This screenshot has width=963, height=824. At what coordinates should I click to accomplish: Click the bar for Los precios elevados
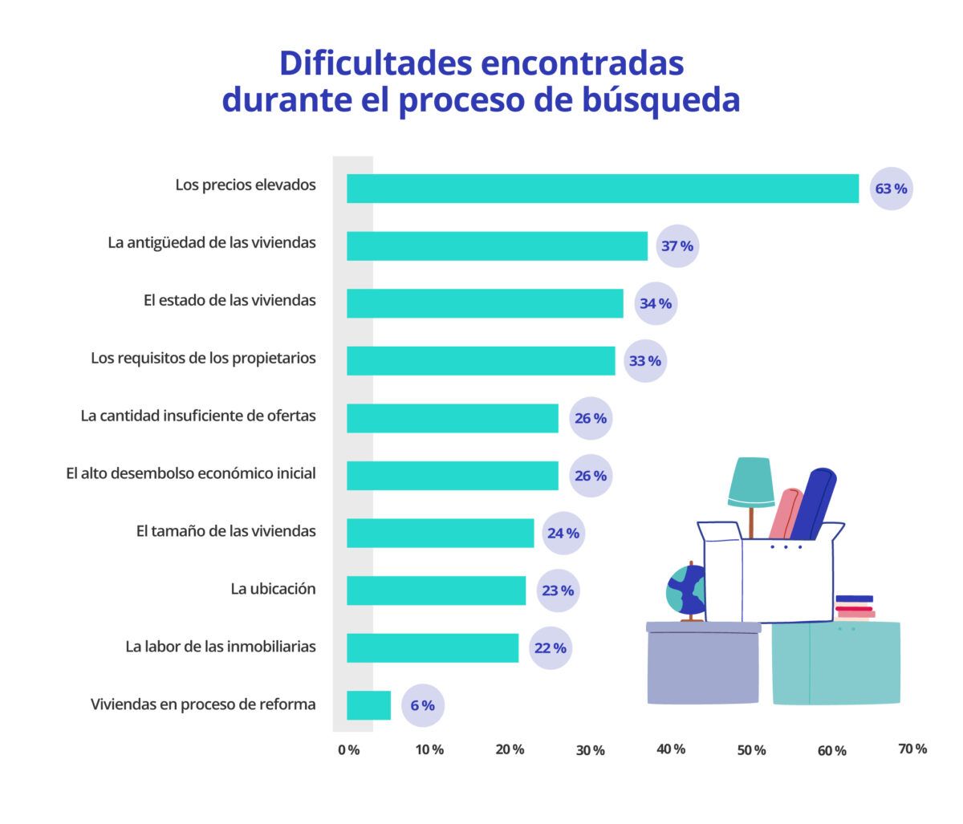602,189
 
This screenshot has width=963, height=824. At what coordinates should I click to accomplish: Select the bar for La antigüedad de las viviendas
497,246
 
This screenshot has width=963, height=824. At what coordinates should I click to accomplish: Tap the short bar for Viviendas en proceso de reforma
368,705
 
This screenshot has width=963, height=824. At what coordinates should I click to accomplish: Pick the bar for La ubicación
436,591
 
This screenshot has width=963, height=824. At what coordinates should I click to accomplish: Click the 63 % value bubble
891,189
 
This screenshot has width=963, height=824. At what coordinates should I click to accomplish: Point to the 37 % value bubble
677,246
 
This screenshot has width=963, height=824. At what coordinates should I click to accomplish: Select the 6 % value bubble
422,706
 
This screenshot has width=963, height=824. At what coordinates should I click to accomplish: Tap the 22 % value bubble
550,648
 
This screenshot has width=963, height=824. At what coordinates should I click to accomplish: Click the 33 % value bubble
644,361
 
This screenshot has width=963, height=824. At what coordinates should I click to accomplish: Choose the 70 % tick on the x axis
912,749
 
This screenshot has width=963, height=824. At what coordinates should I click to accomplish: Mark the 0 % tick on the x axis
349,749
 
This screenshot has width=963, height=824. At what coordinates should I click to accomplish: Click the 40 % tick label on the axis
671,749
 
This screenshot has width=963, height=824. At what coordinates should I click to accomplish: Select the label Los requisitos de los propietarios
203,358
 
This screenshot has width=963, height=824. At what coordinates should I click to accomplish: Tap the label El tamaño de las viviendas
226,531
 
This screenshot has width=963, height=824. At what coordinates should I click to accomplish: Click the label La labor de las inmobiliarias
221,647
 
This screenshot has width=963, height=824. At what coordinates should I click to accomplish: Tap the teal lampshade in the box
751,481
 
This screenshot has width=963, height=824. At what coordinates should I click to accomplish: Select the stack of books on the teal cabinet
855,607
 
